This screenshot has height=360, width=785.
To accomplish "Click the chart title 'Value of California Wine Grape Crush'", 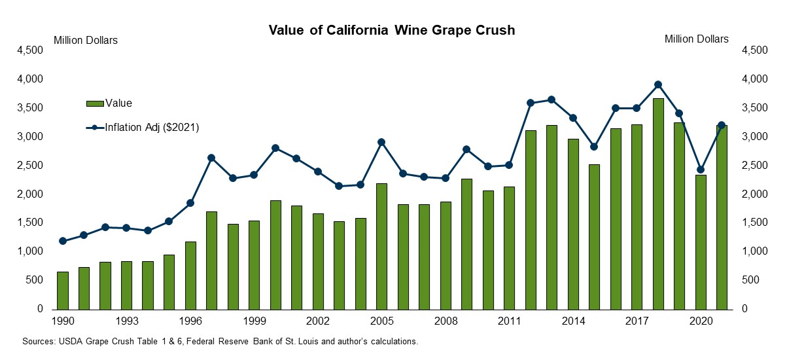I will [x=392, y=31].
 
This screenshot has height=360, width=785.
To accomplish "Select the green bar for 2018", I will [x=658, y=204].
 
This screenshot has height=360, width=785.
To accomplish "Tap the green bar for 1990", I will [x=63, y=290].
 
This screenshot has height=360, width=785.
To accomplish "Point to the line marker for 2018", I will [x=658, y=84].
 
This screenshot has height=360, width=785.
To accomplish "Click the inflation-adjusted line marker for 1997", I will [x=211, y=158].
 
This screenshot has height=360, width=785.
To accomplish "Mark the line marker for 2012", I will [x=531, y=103].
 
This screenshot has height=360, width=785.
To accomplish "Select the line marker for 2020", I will [x=701, y=170].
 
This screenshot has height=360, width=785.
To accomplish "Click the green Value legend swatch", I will [x=95, y=103].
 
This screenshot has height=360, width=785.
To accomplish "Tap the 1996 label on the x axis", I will [x=190, y=321].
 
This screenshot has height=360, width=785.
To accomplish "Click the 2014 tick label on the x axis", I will [x=573, y=321].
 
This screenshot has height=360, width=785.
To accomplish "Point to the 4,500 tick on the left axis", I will [x=31, y=50].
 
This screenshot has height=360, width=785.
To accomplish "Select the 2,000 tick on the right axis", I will [x=754, y=194].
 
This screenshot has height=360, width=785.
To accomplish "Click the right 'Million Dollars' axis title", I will [x=696, y=39].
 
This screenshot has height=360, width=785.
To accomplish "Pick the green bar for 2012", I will [x=531, y=220].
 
